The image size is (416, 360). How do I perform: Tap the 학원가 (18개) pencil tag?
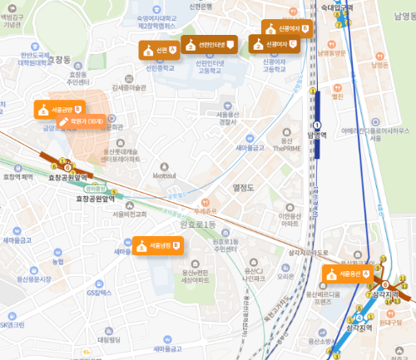[x=80, y=122]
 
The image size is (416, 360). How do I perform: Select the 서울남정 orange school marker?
[x=158, y=245]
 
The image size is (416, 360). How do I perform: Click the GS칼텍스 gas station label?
[x=98, y=292]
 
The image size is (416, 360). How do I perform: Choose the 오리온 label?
[x=285, y=275]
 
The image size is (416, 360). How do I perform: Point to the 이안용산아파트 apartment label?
[x=289, y=220]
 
